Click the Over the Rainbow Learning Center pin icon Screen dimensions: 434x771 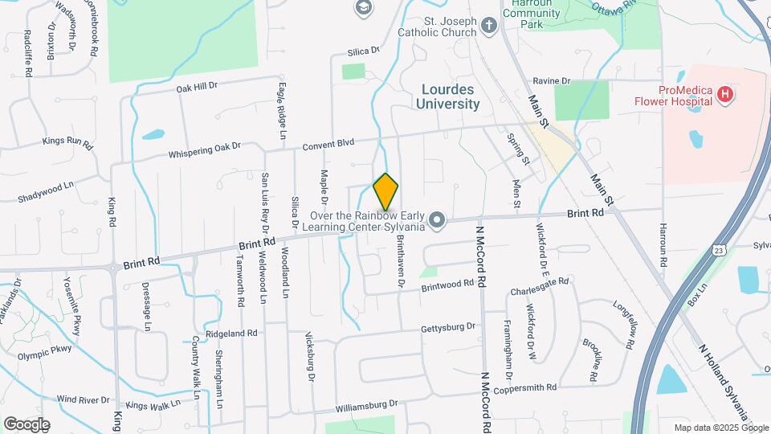tap(437, 219)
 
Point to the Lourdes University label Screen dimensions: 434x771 tap(448, 96)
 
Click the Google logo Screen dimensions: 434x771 tap(27, 424)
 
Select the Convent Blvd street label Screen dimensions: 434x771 tap(328, 144)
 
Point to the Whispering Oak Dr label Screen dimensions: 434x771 tap(204, 150)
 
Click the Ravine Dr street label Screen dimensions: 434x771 tap(551, 81)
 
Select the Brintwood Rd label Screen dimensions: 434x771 tap(447, 285)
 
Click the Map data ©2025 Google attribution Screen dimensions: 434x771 tap(719, 428)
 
